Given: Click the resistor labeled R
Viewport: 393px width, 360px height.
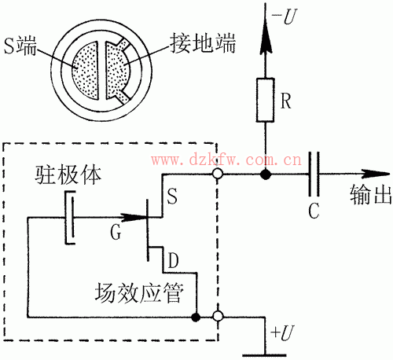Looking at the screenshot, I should (266, 99).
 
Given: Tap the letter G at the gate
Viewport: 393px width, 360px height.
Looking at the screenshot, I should (117, 233).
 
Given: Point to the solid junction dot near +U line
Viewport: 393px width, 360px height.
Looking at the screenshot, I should (194, 318).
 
